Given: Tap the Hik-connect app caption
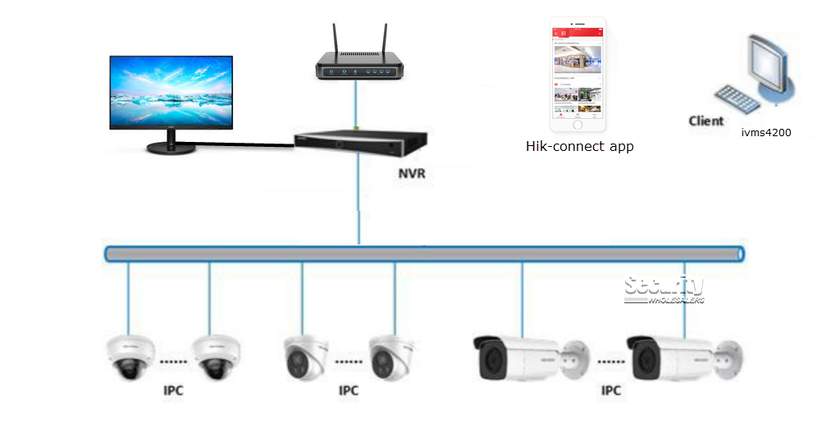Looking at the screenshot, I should (x=579, y=147).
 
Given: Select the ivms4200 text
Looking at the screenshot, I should (x=765, y=132).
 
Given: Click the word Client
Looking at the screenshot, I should (x=706, y=121).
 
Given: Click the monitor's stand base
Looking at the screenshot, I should (x=171, y=148).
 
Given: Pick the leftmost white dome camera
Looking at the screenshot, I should (x=130, y=357).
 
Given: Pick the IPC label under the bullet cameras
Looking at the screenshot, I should (x=611, y=391).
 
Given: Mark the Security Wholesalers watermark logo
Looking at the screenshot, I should (x=664, y=290).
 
